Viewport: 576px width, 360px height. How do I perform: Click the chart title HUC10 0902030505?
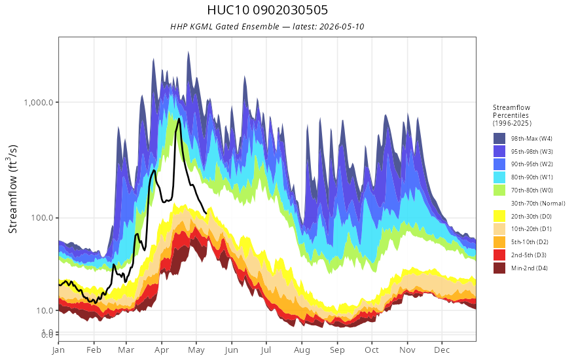267,10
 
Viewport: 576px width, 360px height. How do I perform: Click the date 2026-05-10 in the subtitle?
342,26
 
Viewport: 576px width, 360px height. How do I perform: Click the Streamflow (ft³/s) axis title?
12,189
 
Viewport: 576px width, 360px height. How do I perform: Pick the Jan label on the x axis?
58,350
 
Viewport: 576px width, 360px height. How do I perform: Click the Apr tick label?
161,350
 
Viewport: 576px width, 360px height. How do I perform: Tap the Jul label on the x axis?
266,350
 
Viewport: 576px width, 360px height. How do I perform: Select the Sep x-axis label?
337,350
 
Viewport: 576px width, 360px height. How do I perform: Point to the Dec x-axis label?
442,350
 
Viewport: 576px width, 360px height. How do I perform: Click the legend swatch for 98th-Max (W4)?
499,139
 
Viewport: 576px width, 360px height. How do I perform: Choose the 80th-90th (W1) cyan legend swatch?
499,177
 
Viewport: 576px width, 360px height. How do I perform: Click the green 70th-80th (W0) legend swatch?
499,190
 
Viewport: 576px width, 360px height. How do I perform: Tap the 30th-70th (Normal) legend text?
538,203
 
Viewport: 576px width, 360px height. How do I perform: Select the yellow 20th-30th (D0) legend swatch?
499,216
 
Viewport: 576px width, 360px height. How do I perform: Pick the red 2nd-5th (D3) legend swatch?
499,255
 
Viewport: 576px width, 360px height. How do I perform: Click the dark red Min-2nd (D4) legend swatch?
499,268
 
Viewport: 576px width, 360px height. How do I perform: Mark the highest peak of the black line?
179,118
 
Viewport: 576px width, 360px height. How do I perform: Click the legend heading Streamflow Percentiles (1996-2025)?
512,115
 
